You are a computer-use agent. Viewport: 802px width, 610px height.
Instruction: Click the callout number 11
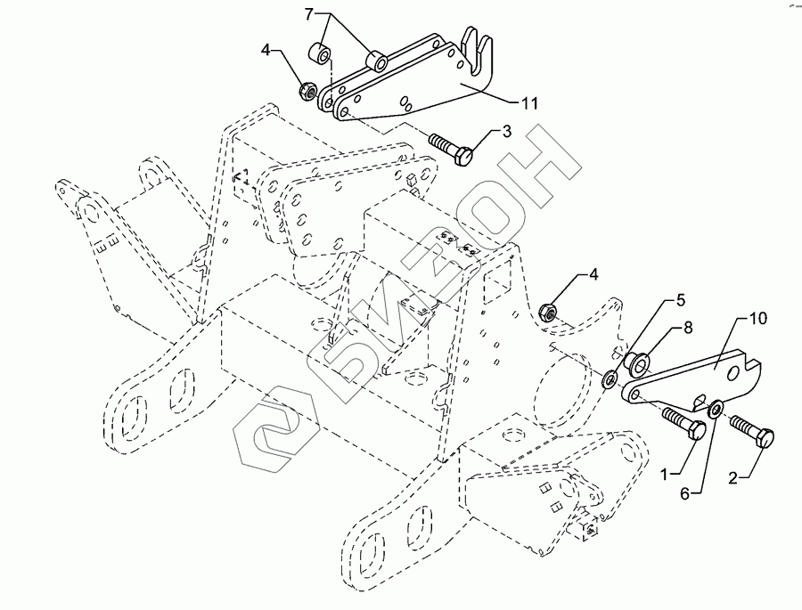[x=529, y=104]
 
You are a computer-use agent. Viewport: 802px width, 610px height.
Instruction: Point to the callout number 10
[x=757, y=318]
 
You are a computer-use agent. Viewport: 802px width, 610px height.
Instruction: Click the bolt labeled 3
[x=454, y=148]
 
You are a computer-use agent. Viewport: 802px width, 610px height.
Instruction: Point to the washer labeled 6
[x=716, y=411]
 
